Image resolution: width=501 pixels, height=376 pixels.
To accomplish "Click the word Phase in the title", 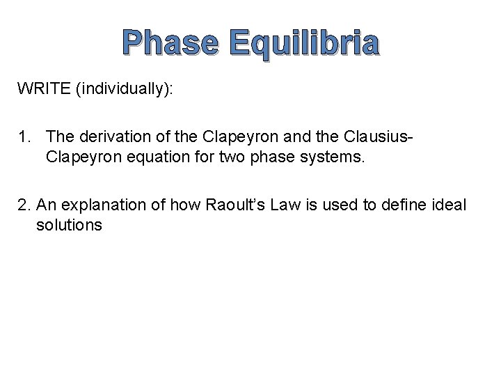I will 170,42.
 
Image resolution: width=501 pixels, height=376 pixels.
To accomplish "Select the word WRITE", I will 45,89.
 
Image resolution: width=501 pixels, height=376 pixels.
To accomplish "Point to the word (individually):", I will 127,90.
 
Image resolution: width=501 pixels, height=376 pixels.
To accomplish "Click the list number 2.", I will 24,205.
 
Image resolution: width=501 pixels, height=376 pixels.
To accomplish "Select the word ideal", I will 451,205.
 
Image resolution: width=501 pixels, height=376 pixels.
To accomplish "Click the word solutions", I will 69,225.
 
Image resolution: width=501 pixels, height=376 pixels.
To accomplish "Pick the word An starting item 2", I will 45,205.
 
